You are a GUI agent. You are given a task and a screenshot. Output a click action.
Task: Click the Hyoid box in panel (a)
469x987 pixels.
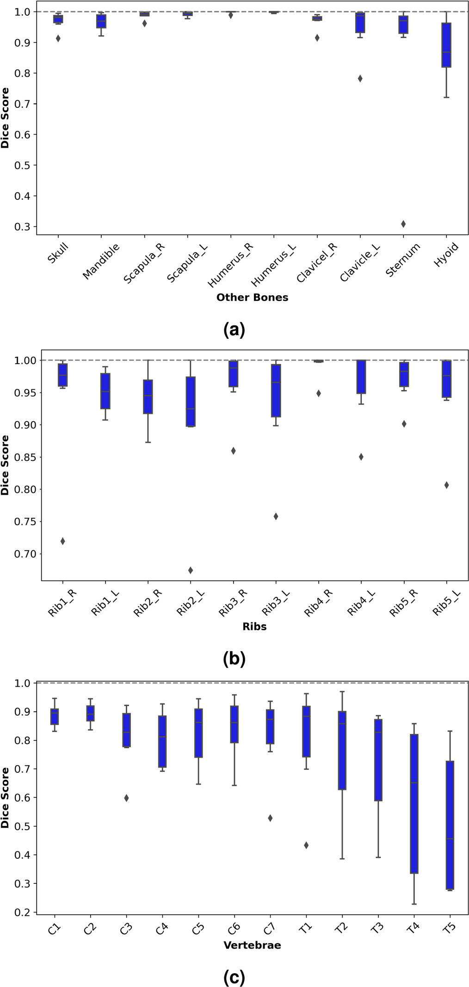click(x=446, y=45)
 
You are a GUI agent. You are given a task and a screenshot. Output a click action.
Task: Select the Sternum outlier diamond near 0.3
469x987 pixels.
click(x=403, y=224)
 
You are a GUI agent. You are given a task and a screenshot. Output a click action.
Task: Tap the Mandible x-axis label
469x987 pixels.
click(x=101, y=261)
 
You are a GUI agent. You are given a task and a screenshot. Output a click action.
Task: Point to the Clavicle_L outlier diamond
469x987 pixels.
click(x=360, y=79)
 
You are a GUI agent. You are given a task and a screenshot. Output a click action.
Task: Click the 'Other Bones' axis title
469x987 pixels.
click(x=252, y=298)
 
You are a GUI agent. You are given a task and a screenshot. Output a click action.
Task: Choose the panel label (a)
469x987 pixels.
click(x=234, y=330)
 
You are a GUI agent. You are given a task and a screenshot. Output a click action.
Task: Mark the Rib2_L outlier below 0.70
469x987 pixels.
click(x=191, y=570)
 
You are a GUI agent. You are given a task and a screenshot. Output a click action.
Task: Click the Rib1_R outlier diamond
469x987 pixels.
click(x=62, y=541)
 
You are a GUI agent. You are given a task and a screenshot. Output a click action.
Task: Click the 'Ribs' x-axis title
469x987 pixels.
click(x=254, y=627)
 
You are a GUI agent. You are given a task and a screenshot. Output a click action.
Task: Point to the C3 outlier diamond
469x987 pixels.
click(x=126, y=798)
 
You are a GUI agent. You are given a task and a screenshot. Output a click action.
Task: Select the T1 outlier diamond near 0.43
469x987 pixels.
click(x=306, y=845)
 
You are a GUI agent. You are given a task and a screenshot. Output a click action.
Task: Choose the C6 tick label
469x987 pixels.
click(x=234, y=927)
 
